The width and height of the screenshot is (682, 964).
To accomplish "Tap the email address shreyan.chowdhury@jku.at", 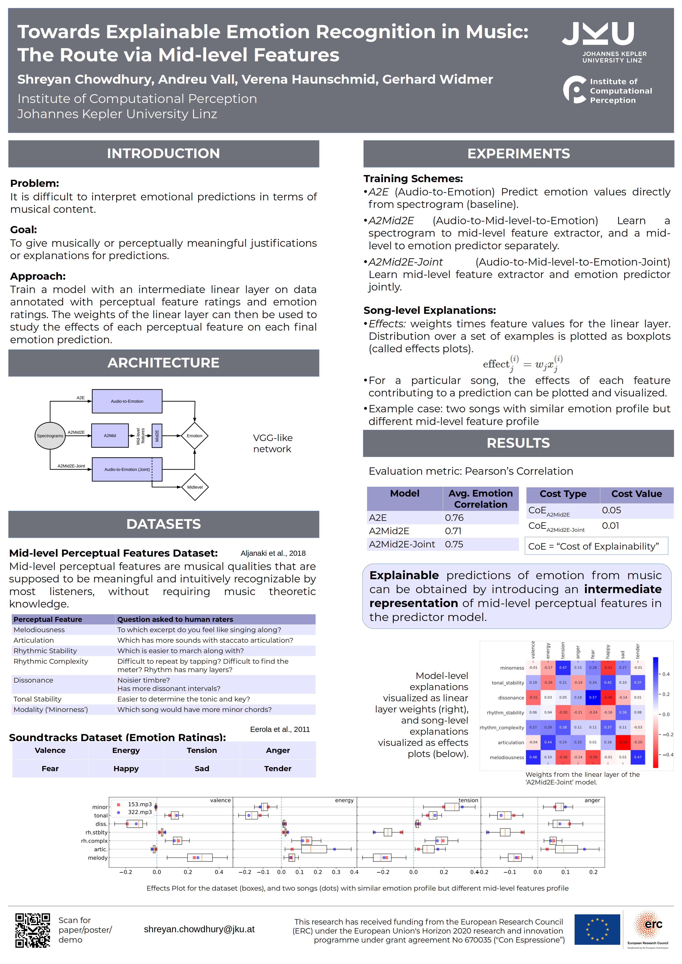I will click(x=199, y=929).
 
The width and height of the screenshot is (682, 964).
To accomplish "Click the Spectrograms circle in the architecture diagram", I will click(x=50, y=436).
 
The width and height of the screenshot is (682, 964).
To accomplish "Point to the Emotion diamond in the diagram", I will click(x=194, y=436).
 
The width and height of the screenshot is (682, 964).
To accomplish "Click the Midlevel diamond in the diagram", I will click(x=195, y=487).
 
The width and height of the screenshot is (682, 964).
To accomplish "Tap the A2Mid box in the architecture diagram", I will click(x=110, y=436).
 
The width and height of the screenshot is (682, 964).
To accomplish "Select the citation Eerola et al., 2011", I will click(x=280, y=729).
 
